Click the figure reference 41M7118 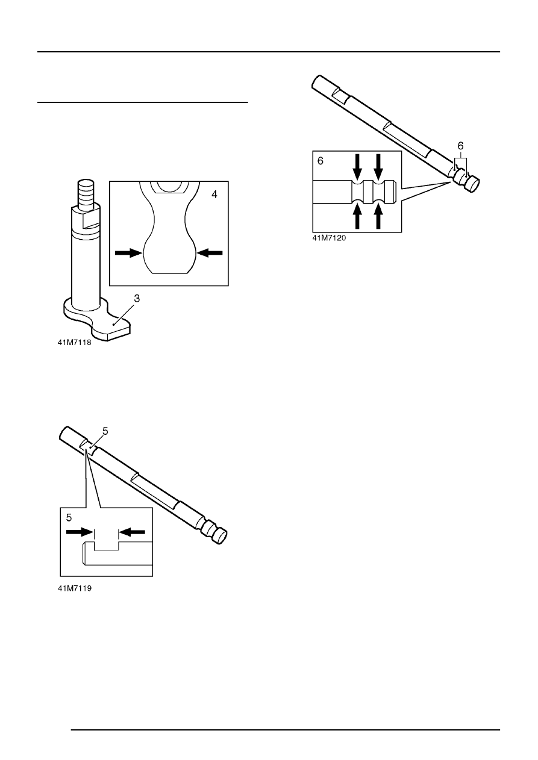pyautogui.click(x=75, y=346)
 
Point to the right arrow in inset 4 pyautogui.click(x=210, y=254)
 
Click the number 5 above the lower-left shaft pyautogui.click(x=105, y=431)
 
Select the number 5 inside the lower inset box pyautogui.click(x=70, y=517)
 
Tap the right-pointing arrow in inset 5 pyautogui.click(x=78, y=532)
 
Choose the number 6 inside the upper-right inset pyautogui.click(x=320, y=162)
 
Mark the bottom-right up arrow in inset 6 pyautogui.click(x=379, y=217)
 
